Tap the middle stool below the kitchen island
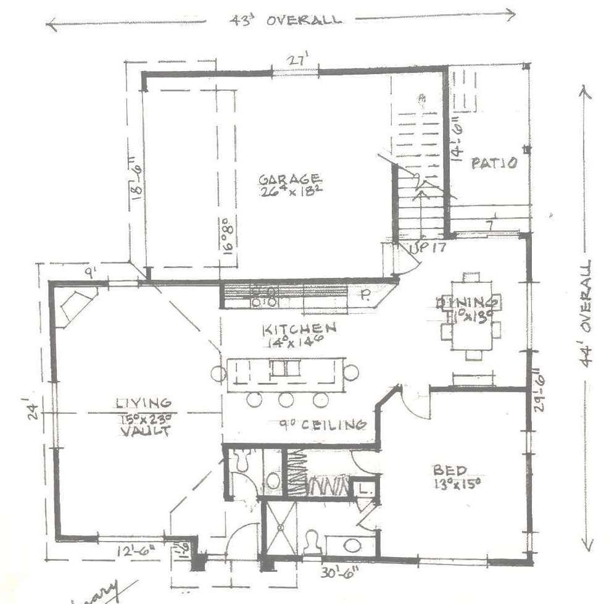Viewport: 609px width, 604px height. pos(286,400)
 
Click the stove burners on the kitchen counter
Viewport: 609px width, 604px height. pos(264,296)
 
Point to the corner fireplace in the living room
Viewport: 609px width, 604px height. pos(77,303)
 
